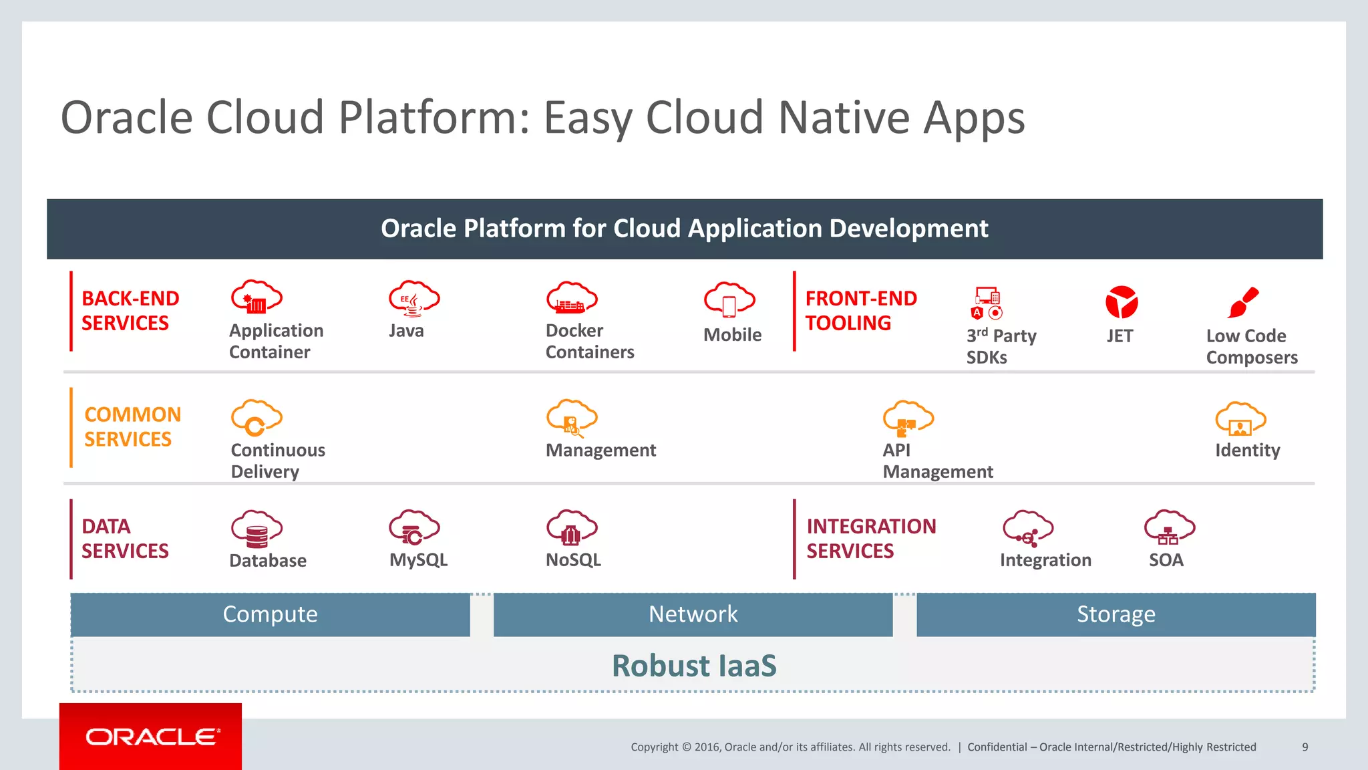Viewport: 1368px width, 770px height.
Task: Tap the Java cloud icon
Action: (413, 298)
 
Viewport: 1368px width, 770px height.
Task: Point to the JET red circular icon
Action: (1121, 302)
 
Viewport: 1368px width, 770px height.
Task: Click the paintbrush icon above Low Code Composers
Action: (1242, 303)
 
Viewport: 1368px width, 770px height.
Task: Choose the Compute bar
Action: (270, 614)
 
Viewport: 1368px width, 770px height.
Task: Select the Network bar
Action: (693, 614)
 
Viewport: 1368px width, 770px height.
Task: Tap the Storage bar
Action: (1116, 614)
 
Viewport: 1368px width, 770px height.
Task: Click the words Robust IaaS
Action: (694, 666)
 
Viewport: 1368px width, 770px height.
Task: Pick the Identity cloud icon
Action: (1240, 420)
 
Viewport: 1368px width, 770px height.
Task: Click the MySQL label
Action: (418, 560)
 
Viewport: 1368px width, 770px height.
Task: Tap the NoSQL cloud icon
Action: (571, 528)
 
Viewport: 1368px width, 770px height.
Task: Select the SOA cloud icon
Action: (1169, 528)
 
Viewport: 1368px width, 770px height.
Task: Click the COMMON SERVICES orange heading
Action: (132, 426)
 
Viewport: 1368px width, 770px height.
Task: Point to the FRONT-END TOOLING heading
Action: (860, 311)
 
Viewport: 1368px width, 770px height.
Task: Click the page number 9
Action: (1305, 747)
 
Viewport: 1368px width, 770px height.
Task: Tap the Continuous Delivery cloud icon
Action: (256, 418)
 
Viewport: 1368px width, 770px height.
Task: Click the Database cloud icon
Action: (256, 529)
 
